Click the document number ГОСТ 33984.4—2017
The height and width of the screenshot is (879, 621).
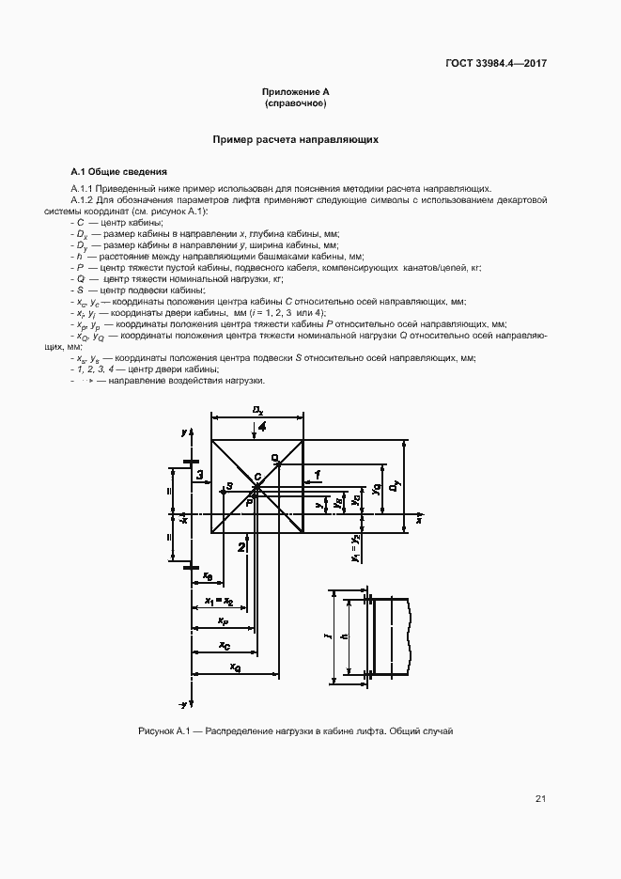tap(496, 64)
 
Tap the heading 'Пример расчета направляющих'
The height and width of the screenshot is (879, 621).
tap(296, 139)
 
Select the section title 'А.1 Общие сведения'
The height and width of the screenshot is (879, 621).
tap(119, 172)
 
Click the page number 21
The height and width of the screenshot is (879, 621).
tap(540, 799)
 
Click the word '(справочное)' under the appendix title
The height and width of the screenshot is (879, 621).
tap(296, 102)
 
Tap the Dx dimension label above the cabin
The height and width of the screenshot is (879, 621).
tap(257, 410)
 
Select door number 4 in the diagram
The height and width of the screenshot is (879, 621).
tap(263, 428)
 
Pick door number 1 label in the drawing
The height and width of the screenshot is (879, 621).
tap(318, 474)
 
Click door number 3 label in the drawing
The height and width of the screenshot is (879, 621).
tap(200, 476)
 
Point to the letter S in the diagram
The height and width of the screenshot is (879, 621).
tap(228, 486)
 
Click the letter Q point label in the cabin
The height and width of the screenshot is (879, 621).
tap(274, 458)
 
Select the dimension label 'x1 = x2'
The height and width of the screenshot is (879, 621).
tap(218, 600)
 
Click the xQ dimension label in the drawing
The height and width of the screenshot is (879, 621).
tap(234, 667)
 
